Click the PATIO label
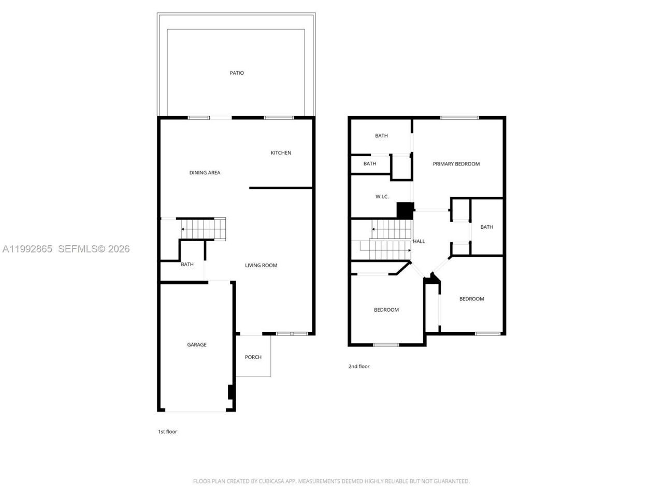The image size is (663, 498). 237,73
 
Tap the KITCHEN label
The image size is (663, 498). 281,153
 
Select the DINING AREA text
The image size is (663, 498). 205,173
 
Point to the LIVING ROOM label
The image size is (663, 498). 261,266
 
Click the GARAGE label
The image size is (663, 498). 197,345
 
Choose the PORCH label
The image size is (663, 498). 253,357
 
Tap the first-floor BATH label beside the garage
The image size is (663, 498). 187,265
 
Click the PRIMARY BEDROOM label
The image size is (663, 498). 456,164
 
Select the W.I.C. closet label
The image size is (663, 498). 382,197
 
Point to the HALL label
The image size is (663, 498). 419,241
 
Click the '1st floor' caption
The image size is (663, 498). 167,432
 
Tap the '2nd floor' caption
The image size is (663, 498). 359,367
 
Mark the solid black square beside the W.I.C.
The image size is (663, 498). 405,210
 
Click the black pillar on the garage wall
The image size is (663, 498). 231,392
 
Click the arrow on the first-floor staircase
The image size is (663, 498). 183,229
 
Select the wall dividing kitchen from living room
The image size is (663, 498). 281,188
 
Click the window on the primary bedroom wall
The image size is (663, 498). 459,118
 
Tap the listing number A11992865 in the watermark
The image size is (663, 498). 27,249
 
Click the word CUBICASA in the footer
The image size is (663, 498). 271,481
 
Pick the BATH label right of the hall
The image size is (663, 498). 486,227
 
